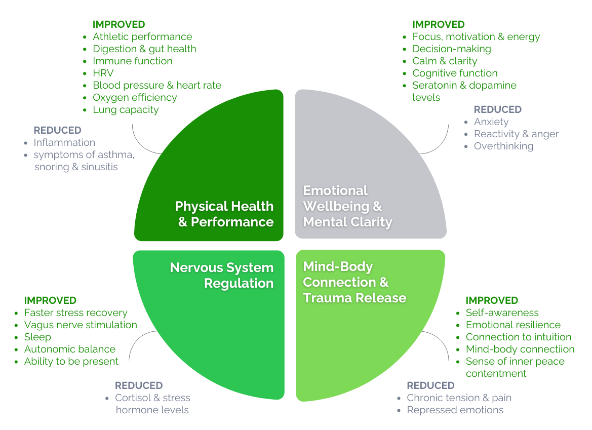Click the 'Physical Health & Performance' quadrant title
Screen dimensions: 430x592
coord(224,214)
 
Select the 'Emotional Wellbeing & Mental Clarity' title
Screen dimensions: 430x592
coord(347,206)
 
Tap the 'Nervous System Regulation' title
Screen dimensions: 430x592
coord(222,275)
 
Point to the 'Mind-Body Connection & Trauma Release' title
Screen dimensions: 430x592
coord(354,282)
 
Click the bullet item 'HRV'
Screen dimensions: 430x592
coord(103,73)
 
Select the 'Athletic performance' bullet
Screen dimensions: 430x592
coord(142,36)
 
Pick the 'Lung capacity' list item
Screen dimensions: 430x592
coord(126,109)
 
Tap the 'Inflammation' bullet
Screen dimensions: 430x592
coord(64,142)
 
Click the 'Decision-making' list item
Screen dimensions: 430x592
coord(452,49)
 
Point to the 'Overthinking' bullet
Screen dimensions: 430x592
coord(503,146)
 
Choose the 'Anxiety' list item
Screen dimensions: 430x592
coord(491,122)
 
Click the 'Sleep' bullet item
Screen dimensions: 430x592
coord(37,337)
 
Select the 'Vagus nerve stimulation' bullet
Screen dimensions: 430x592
coord(81,325)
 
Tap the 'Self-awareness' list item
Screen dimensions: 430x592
coord(502,312)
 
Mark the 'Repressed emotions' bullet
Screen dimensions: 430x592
coord(455,410)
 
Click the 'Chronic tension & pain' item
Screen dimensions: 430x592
coord(459,398)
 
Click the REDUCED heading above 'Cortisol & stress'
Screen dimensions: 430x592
coord(139,385)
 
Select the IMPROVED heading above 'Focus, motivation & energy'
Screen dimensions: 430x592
coord(439,24)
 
